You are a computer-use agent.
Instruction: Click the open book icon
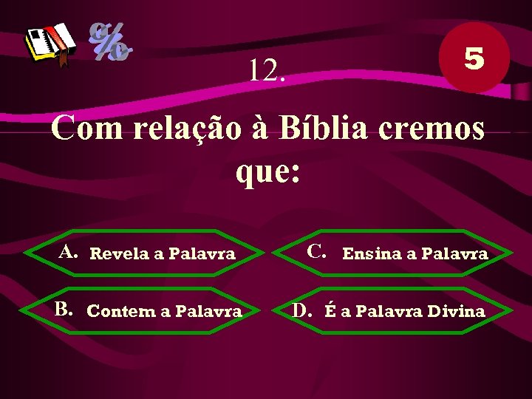[50, 44]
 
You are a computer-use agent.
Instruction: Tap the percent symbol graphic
[111, 41]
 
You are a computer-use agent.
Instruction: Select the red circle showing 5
[474, 58]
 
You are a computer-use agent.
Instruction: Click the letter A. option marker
[69, 252]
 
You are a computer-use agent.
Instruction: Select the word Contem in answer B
[119, 311]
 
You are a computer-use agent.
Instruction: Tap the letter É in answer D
[330, 310]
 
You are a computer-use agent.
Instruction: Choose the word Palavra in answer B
[208, 311]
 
